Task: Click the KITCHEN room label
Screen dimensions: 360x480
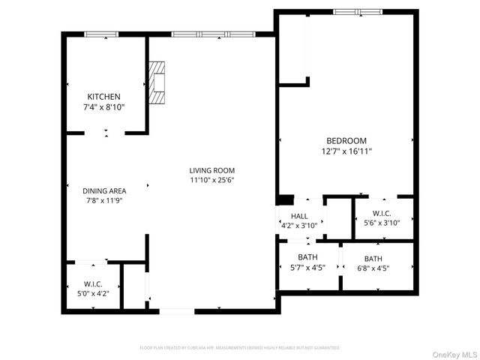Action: point(104,97)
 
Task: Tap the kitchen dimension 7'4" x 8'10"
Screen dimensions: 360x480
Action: point(104,107)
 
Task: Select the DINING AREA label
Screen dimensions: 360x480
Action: point(104,190)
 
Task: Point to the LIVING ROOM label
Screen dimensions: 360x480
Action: point(212,170)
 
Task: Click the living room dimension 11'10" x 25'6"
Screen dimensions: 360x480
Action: point(212,180)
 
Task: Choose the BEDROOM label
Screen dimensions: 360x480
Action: point(346,141)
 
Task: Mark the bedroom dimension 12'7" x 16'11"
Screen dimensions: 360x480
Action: point(346,151)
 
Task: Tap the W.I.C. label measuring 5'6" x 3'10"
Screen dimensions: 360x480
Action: point(382,213)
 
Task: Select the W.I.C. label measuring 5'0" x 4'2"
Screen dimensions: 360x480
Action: point(93,283)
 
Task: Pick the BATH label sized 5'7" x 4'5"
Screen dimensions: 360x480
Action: point(307,257)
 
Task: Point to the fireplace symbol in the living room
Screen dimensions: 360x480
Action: point(156,82)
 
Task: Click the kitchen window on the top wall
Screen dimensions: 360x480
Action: point(100,34)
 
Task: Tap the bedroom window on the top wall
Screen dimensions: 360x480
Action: point(358,12)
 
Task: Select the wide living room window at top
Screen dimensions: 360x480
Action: point(212,34)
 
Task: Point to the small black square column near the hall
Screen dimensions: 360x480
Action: point(286,199)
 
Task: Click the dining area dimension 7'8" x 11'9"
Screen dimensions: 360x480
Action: point(104,201)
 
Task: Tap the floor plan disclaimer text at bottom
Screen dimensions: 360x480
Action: point(240,348)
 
